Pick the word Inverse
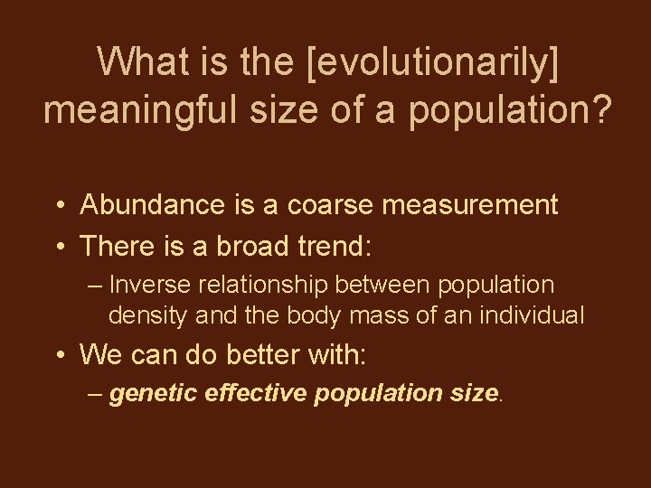(x=146, y=285)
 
